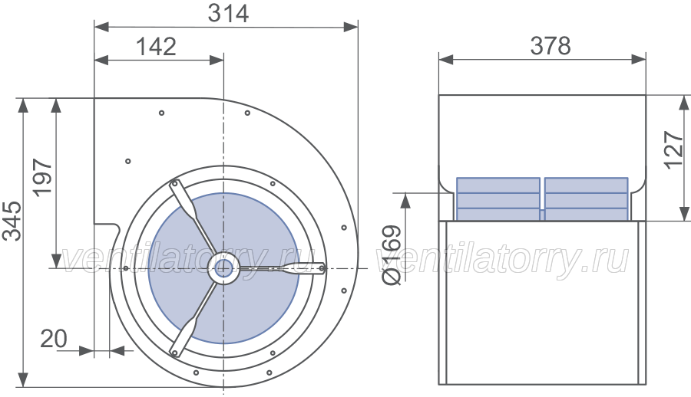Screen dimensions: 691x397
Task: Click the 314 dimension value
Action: [x=228, y=13]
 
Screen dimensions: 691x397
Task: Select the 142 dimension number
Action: [x=156, y=46]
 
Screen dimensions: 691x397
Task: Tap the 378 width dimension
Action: [x=550, y=45]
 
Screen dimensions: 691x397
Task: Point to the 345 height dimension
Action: [x=12, y=221]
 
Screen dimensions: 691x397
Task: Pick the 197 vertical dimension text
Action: [x=43, y=177]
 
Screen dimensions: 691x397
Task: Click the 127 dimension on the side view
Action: [x=674, y=149]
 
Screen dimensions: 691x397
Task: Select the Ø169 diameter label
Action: [x=392, y=254]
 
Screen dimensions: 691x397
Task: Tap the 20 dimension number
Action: [x=54, y=339]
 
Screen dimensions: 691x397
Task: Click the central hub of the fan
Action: [x=223, y=268]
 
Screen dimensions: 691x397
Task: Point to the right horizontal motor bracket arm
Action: [x=282, y=267]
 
